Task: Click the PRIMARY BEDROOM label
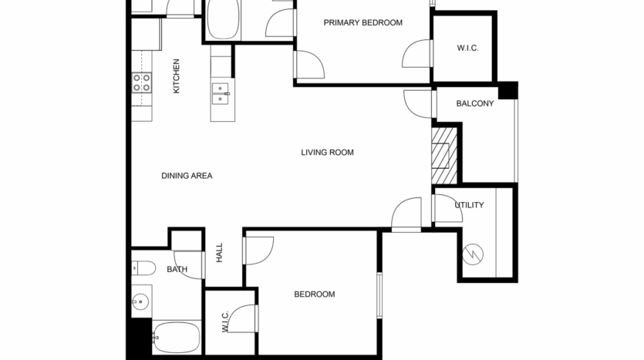pos(362,22)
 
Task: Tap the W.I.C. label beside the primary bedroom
pos(467,49)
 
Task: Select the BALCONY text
pos(474,103)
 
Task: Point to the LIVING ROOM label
pos(327,153)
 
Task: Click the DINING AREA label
pos(187,176)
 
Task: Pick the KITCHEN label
pos(176,76)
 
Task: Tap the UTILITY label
pos(469,205)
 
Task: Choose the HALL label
pos(220,253)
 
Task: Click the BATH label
pos(177,270)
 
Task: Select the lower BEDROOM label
pos(315,294)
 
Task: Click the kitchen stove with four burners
pos(142,82)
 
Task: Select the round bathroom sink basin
pos(139,301)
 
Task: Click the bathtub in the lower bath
pos(177,335)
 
